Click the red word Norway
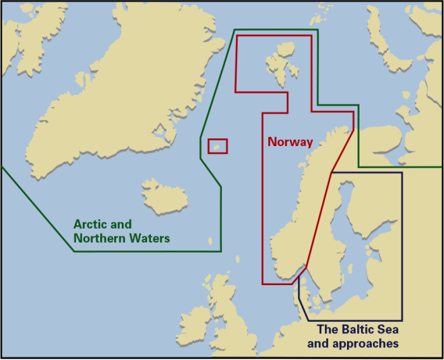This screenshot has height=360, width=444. tap(290, 142)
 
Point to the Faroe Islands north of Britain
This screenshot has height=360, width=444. tap(211, 241)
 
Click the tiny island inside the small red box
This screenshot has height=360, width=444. tap(217, 147)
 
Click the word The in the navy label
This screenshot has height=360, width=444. tap(327, 330)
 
